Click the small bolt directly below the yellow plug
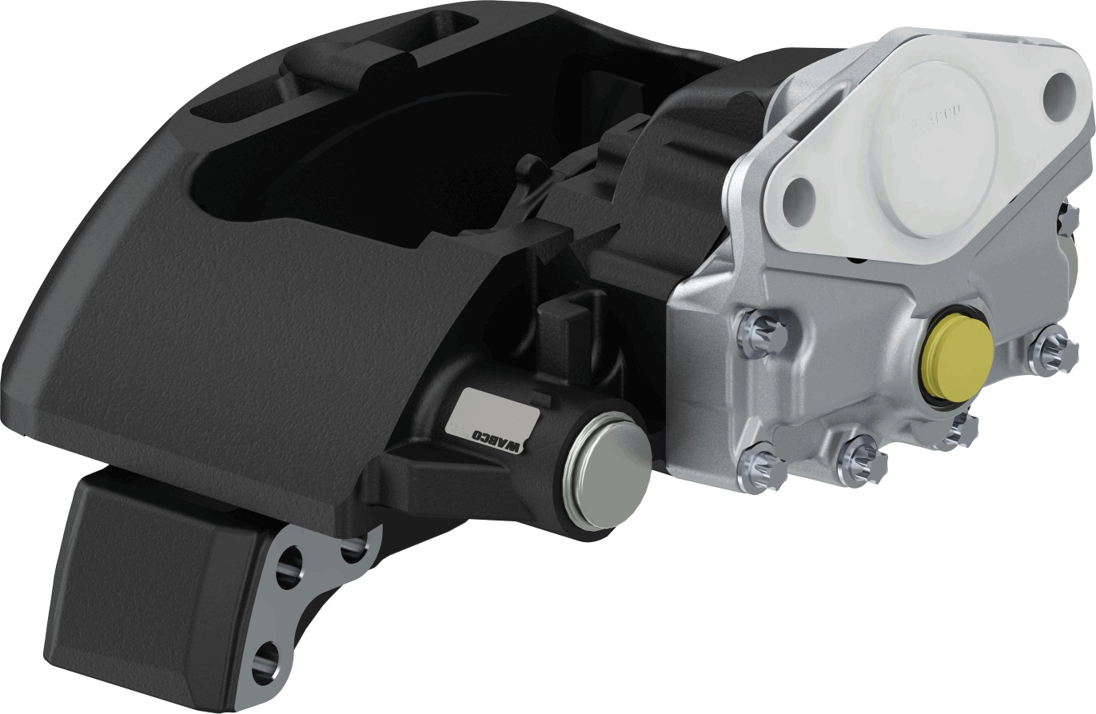(959, 431)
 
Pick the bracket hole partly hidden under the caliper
(352, 548)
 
